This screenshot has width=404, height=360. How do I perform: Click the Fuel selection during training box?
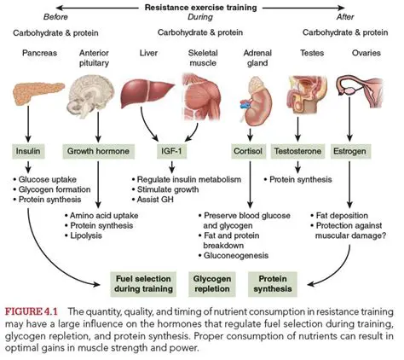[x=142, y=282]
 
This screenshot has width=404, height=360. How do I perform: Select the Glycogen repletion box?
[x=211, y=282]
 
